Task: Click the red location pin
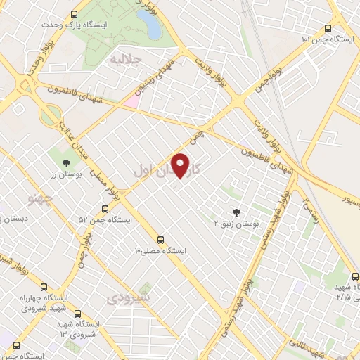(x=182, y=165)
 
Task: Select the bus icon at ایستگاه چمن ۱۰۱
(x=328, y=28)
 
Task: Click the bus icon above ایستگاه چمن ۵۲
(x=105, y=209)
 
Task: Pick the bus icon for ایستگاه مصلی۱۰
(x=161, y=239)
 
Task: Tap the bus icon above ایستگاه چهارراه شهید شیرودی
(x=44, y=288)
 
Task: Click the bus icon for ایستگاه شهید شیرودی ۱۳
(x=77, y=314)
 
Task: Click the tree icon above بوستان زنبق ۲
(x=236, y=212)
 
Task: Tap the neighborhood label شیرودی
(x=129, y=299)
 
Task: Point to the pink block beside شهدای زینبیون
(x=131, y=102)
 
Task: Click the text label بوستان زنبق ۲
(x=237, y=223)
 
